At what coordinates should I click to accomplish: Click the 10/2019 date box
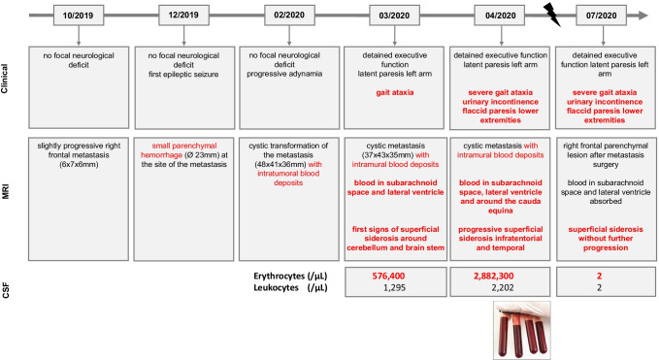coord(79,16)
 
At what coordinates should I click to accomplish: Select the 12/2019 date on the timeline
coord(183,16)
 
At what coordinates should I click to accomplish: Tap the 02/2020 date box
coord(289,16)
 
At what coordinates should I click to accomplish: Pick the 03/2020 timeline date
coord(394,16)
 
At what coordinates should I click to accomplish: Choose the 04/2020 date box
coord(500,16)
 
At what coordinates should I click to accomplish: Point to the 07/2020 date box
coord(602,16)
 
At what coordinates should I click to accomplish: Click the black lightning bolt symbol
coord(552,15)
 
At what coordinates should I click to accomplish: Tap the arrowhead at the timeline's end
coord(643,16)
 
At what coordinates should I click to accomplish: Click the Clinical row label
coord(5,79)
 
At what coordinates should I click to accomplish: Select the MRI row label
coord(5,191)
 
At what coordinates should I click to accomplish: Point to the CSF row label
coord(5,290)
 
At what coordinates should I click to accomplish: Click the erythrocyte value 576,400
coord(388,276)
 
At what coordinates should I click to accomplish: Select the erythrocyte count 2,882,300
coord(494,276)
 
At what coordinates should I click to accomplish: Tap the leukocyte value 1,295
coord(395,288)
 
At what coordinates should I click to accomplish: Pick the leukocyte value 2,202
coord(502,288)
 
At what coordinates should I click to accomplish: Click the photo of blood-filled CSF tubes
coord(522,330)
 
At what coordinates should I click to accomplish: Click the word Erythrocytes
coord(280,276)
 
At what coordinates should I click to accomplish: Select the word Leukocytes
coord(277,288)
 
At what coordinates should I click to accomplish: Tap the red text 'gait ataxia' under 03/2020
coord(395,92)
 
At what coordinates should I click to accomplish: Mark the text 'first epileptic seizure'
coord(183,74)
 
